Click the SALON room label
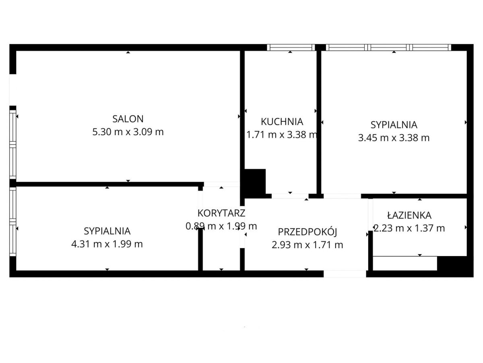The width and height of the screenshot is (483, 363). [128, 119]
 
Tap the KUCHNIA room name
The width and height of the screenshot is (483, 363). [282, 122]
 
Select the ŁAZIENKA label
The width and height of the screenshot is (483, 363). [409, 215]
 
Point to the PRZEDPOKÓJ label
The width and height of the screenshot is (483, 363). [308, 232]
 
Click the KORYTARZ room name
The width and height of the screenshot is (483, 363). [221, 213]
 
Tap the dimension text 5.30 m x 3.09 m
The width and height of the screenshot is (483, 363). [128, 132]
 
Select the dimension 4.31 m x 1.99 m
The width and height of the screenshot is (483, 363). [107, 244]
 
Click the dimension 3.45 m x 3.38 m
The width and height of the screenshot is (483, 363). [394, 138]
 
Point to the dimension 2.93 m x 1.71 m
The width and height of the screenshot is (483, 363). [308, 245]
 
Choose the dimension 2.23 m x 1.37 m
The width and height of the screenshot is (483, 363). [409, 228]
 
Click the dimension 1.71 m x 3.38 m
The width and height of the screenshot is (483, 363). [282, 135]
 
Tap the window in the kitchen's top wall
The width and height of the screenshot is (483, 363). [291, 47]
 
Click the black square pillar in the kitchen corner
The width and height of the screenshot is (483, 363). [255, 181]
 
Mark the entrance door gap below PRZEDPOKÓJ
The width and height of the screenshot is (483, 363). [345, 274]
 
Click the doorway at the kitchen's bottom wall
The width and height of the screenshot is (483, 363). [290, 196]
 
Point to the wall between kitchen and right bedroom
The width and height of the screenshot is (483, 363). [319, 122]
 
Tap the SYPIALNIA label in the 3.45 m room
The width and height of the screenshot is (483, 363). [394, 125]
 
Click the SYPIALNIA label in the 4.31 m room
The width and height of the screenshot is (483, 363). [107, 231]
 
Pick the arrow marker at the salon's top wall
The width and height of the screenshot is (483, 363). [128, 52]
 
